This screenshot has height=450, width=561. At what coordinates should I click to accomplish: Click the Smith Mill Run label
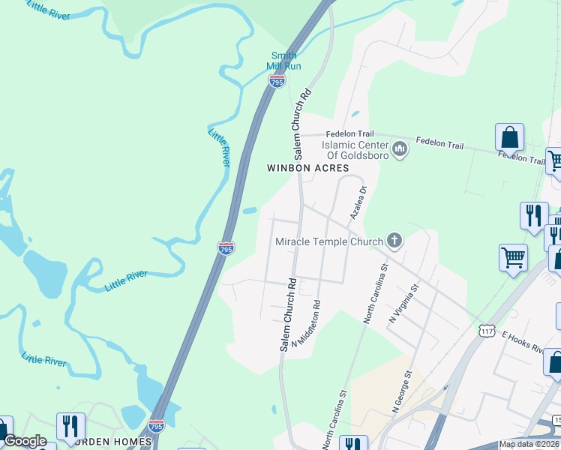point(283,61)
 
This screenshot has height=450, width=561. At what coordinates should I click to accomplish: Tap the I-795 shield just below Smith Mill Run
point(277,80)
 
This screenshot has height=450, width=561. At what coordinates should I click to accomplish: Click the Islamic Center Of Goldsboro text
point(355,150)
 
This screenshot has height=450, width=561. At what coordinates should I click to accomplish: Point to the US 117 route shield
point(485,330)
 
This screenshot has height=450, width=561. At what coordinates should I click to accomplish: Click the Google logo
point(24,441)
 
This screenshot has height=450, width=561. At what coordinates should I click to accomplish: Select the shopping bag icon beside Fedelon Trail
point(509,139)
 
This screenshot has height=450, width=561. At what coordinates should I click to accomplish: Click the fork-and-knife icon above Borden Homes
point(70,427)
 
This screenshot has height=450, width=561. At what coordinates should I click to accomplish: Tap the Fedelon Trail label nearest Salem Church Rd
point(345,133)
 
